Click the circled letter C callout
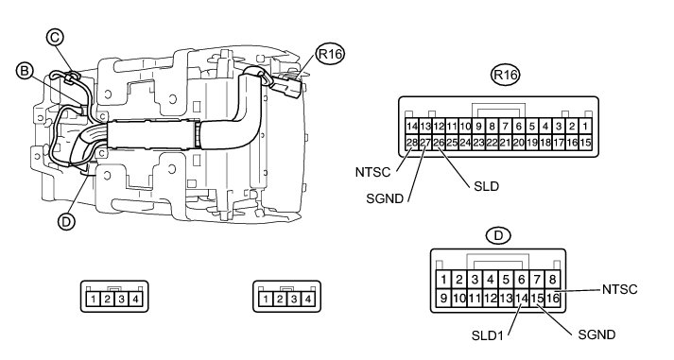point(55,38)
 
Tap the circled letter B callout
point(25,71)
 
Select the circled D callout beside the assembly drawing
point(66,222)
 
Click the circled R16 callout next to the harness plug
point(330,54)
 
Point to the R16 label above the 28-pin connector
point(505,75)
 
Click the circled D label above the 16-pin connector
point(498,235)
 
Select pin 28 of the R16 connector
point(412,142)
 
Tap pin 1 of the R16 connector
point(585,127)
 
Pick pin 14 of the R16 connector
point(412,127)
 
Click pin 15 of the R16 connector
point(585,142)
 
